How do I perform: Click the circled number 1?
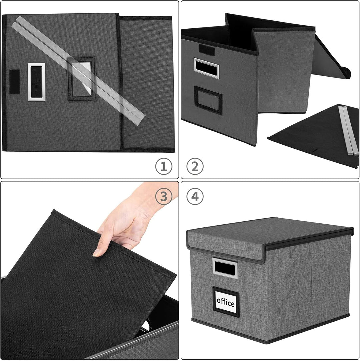(164, 166)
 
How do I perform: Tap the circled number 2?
(195, 166)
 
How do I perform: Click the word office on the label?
(226, 303)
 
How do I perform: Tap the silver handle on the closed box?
(225, 268)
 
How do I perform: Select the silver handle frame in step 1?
(36, 82)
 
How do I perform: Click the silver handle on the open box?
(206, 68)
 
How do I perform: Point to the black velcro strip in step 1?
(14, 82)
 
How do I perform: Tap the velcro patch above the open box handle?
(207, 49)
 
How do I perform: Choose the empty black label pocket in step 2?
(208, 100)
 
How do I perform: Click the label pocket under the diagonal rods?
(81, 79)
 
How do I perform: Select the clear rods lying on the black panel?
(348, 130)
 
